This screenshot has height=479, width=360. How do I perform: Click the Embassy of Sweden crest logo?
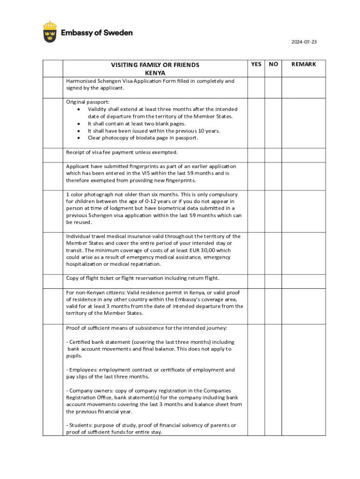pyautogui.click(x=50, y=31)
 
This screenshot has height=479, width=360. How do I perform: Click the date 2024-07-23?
pyautogui.click(x=304, y=42)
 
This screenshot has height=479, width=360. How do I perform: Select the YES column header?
pyautogui.click(x=256, y=64)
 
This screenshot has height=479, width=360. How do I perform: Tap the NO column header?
pyautogui.click(x=274, y=64)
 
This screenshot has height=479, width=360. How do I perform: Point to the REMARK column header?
pyautogui.click(x=304, y=64)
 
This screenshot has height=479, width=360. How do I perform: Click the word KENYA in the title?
pyautogui.click(x=155, y=73)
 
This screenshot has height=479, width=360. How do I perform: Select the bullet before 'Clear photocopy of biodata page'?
pyautogui.click(x=79, y=138)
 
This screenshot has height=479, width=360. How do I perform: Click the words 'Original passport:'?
pyautogui.click(x=81, y=102)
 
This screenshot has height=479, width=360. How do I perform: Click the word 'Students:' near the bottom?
pyautogui.click(x=80, y=425)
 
